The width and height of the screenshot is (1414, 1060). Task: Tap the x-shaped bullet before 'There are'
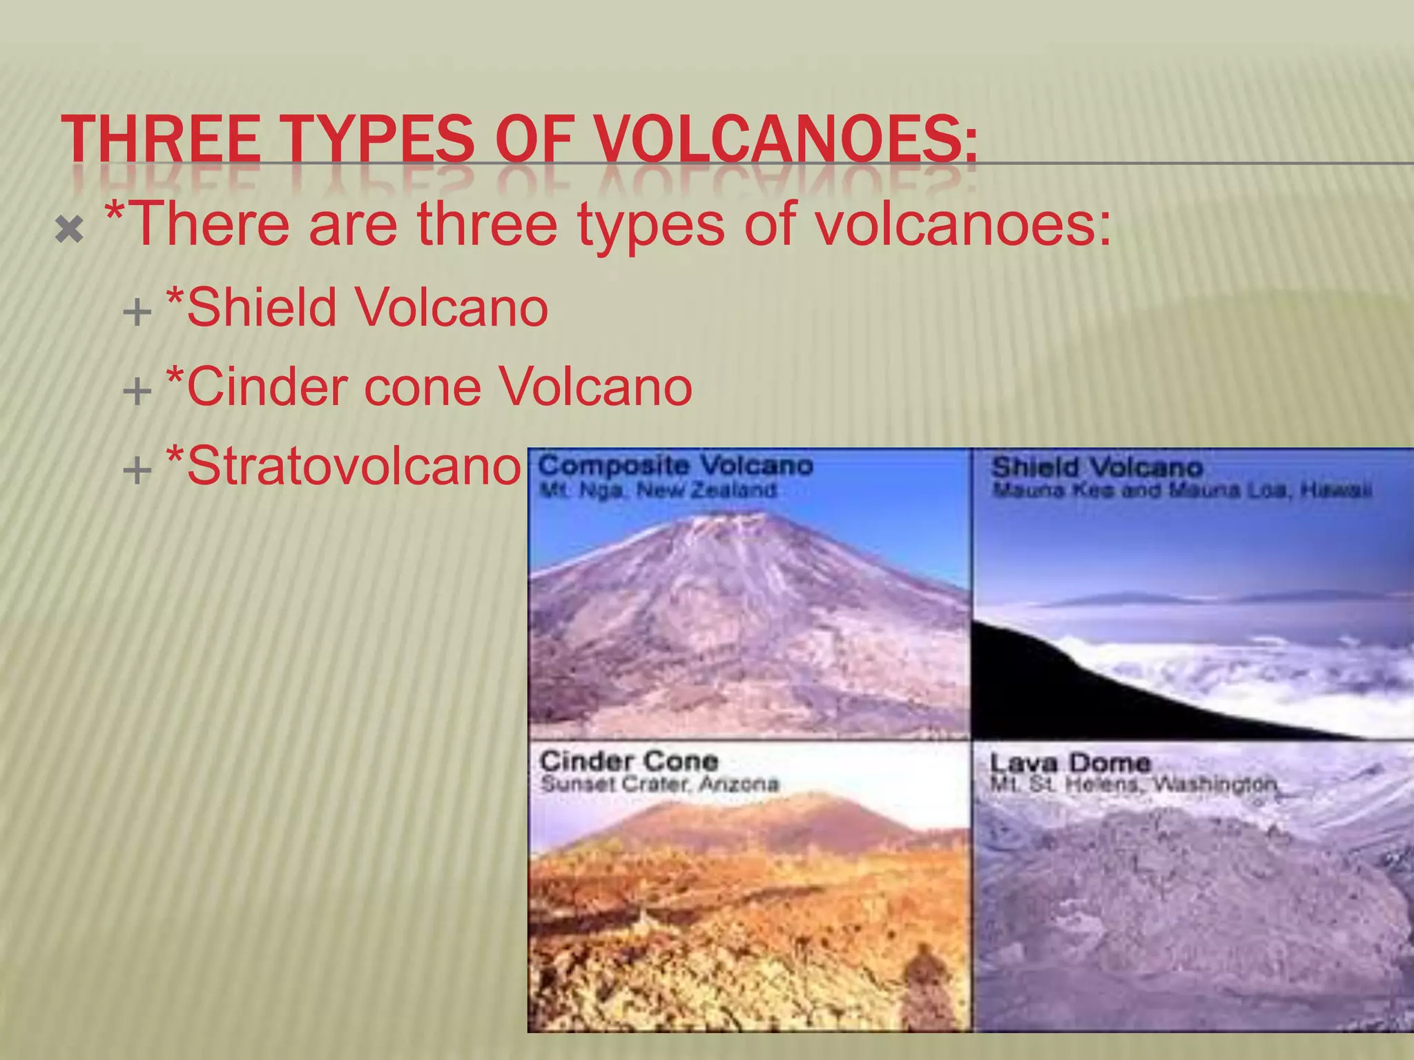click(x=70, y=229)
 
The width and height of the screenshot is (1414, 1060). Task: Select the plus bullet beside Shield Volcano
click(x=137, y=312)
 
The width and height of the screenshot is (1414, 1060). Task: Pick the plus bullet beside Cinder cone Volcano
click(x=137, y=391)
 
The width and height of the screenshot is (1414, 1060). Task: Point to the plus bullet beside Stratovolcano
click(x=137, y=471)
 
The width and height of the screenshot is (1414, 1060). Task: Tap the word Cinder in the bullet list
click(x=266, y=386)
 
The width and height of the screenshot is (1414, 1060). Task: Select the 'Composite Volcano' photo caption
click(x=675, y=466)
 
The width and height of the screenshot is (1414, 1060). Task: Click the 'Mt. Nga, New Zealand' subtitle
click(x=657, y=491)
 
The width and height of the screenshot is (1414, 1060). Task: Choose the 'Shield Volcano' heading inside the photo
click(x=1097, y=467)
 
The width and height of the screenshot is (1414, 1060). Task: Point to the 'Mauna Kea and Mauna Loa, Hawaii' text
click(x=1181, y=491)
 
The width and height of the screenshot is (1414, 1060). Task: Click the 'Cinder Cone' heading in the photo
click(x=629, y=761)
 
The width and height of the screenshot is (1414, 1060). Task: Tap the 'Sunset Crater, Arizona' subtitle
click(x=659, y=785)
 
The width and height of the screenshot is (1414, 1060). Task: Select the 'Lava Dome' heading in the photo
click(x=1070, y=763)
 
